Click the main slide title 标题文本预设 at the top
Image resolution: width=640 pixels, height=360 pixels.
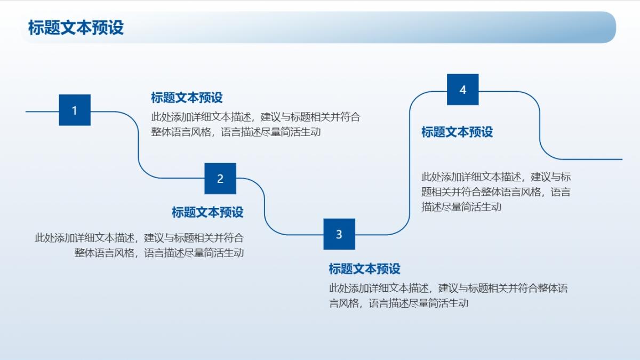click(x=76, y=28)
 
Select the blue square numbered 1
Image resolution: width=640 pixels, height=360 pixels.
click(x=75, y=110)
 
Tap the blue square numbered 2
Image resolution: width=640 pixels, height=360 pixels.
click(x=220, y=179)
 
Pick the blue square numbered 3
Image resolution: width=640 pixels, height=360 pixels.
click(x=339, y=234)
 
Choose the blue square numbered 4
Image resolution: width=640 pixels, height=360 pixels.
click(x=463, y=90)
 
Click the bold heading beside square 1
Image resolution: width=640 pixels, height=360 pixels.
click(x=187, y=98)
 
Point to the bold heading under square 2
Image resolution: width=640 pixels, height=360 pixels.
click(x=207, y=212)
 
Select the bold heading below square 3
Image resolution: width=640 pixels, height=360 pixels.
click(x=365, y=269)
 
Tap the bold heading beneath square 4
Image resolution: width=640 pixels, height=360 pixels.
click(x=457, y=132)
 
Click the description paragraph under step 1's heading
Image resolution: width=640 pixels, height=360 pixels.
click(x=255, y=125)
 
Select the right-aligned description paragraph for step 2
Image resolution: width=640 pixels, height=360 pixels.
click(x=139, y=245)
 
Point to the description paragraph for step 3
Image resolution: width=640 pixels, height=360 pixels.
click(x=449, y=295)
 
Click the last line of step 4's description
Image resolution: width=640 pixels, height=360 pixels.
click(x=461, y=207)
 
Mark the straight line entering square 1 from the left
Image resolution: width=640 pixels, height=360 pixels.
click(x=42, y=111)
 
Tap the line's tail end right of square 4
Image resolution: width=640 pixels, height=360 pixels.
click(x=622, y=159)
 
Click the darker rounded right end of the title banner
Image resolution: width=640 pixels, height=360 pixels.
click(x=603, y=27)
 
